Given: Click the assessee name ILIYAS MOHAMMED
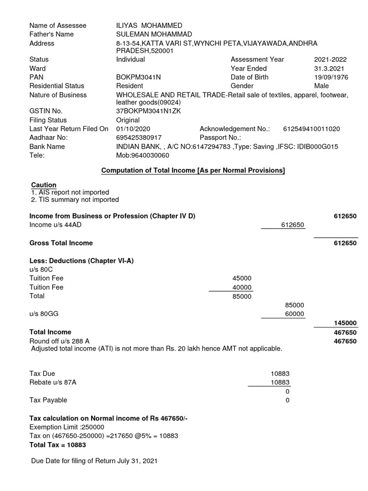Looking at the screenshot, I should pos(149,25).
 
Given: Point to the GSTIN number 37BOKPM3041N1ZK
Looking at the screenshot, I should pos(149,111).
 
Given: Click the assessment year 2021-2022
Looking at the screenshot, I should pos(330,59).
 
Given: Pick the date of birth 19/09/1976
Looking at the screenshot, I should pos(331,77).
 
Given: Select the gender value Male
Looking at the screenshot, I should pos(322,85).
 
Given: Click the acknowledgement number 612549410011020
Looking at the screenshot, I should pos(311,129).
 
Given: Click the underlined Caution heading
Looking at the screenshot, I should pos(44,185).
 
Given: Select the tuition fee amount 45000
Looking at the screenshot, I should pos(241,278).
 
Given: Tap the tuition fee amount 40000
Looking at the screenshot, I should pos(241,287).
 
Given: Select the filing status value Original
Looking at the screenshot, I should pos(128,120).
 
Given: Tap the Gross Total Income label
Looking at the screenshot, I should pos(61,243).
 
